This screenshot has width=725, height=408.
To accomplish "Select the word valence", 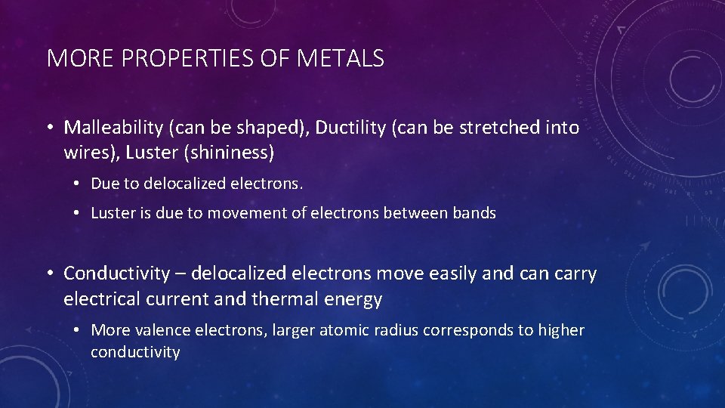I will coord(163,330).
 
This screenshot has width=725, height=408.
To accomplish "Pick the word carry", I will coord(574,274).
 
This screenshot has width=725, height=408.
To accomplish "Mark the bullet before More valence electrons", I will coord(78,330).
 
